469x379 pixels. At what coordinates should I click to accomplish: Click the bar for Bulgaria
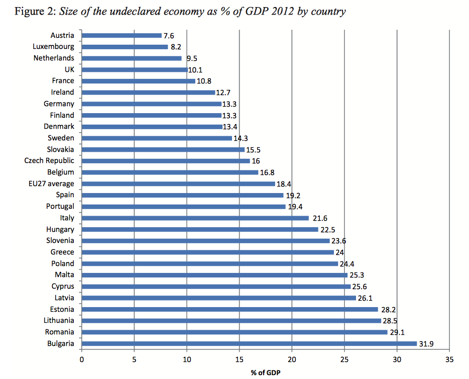click(249, 344)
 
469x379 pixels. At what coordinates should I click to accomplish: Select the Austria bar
click(122, 35)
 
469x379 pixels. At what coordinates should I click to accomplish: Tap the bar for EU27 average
click(178, 183)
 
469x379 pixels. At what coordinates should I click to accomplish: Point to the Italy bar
click(195, 218)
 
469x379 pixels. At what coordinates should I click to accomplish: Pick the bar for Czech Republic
click(166, 161)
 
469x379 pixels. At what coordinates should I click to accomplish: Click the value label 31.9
click(427, 344)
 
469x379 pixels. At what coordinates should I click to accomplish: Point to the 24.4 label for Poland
click(348, 264)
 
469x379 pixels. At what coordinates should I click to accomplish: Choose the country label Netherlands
click(54, 58)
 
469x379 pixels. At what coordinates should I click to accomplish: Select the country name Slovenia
click(59, 241)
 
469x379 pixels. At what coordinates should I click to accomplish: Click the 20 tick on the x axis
click(292, 359)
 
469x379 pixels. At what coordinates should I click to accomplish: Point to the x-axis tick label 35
click(449, 359)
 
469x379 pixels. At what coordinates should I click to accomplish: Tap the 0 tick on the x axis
click(82, 359)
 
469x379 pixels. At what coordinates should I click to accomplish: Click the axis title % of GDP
click(266, 372)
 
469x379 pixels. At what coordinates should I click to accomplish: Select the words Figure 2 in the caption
click(33, 12)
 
